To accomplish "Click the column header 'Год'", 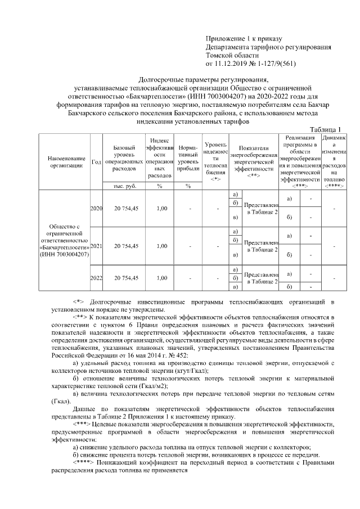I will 96,161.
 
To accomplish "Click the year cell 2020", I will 96,209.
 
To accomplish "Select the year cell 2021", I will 96,246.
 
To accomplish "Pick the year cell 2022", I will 96,277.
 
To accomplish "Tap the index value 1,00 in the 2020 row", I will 161,209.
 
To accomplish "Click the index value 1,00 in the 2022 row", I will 161,277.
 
